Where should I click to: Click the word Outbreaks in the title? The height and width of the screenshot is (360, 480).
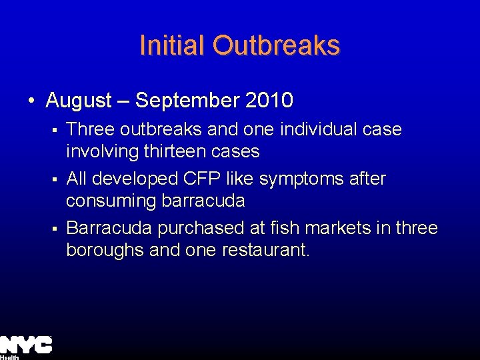tap(277, 45)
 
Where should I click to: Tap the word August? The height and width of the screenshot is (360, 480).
tap(79, 101)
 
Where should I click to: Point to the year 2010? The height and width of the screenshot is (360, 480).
tap(269, 101)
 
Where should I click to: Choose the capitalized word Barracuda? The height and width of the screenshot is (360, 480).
tap(110, 228)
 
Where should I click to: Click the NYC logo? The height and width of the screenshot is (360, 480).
tap(25, 345)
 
